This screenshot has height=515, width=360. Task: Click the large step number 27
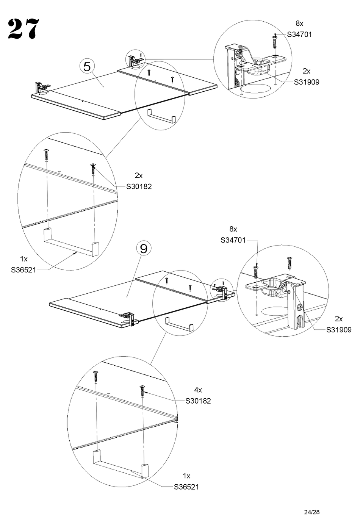pyautogui.click(x=23, y=29)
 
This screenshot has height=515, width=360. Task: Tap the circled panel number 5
pyautogui.click(x=87, y=67)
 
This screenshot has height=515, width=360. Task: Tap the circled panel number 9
pyautogui.click(x=144, y=249)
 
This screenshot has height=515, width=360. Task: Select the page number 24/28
pyautogui.click(x=312, y=512)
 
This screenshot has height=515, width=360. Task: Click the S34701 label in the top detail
pyautogui.click(x=299, y=34)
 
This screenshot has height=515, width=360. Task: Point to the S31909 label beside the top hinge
pyautogui.click(x=307, y=82)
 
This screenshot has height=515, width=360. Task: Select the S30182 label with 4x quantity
pyautogui.click(x=198, y=401)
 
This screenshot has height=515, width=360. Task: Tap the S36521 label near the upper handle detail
pyautogui.click(x=23, y=270)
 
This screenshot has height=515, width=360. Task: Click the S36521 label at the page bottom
pyautogui.click(x=186, y=487)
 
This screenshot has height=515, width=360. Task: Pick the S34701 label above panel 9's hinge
pyautogui.click(x=233, y=240)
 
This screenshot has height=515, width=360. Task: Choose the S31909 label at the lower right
pyautogui.click(x=339, y=330)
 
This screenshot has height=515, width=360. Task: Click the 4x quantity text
pyautogui.click(x=198, y=390)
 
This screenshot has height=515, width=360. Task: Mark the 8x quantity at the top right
pyautogui.click(x=299, y=23)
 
